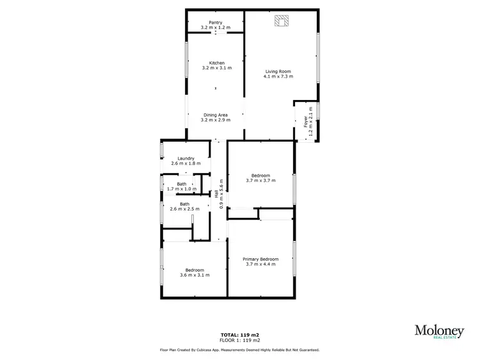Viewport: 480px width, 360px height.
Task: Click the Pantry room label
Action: (x=215, y=22)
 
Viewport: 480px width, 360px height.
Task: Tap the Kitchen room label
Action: (x=216, y=63)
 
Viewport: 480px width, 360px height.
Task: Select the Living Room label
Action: (x=278, y=71)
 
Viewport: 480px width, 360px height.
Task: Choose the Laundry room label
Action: (x=186, y=159)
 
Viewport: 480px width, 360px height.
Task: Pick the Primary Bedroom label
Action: (x=260, y=259)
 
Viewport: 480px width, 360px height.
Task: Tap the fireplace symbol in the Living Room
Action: (x=281, y=22)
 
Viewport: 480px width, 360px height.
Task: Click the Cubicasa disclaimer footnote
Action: (x=239, y=350)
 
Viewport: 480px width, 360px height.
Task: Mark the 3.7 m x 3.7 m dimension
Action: (x=260, y=181)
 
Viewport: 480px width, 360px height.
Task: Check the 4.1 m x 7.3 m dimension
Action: (x=278, y=76)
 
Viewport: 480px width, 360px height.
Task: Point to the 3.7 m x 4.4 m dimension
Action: (x=260, y=264)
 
